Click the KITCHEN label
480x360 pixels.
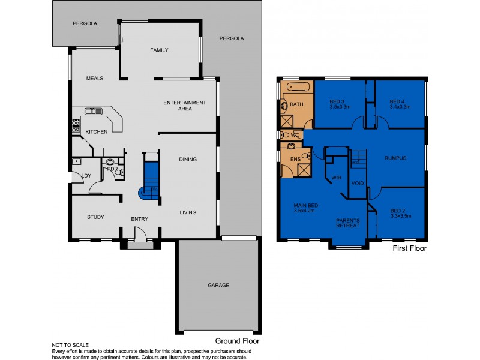96,131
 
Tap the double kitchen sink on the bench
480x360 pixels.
93,111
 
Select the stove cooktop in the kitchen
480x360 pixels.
76,125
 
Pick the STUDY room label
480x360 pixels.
96,217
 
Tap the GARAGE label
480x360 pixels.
218,285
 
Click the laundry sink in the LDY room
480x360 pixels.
76,161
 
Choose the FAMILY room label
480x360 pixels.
160,50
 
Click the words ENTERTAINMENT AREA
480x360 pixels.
185,106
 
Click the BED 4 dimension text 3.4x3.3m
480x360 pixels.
400,107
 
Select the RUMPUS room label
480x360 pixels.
395,158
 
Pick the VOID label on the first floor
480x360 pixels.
358,182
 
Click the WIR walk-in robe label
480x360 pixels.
336,178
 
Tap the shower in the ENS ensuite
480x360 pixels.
304,169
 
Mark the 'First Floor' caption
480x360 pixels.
409,248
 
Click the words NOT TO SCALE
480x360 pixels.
71,345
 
